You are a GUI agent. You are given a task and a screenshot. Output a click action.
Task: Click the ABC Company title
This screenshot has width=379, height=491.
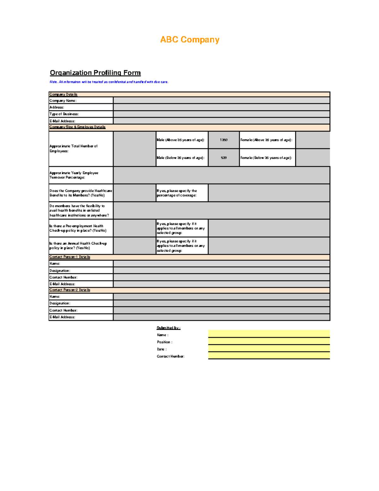click(x=189, y=40)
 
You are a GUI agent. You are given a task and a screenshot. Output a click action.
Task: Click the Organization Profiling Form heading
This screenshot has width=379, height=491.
click(x=95, y=73)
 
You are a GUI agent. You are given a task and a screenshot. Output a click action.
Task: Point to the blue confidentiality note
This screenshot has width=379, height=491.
click(x=109, y=82)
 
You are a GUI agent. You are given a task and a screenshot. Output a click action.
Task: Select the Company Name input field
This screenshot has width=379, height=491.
click(x=221, y=100)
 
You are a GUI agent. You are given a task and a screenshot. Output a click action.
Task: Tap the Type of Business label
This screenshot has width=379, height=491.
click(x=64, y=114)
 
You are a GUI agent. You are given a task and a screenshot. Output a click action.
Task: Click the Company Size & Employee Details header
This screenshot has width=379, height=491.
click(x=77, y=127)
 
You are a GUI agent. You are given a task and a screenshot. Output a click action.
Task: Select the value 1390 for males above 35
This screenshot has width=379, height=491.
click(x=224, y=140)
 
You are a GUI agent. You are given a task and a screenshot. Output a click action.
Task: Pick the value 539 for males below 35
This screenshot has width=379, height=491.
click(x=224, y=157)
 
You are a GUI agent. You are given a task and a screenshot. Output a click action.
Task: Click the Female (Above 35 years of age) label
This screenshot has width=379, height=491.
click(x=266, y=140)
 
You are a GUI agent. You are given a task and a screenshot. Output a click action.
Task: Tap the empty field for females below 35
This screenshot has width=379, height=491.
click(x=313, y=157)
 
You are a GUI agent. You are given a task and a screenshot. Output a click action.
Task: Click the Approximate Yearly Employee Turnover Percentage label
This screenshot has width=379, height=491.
click(x=74, y=175)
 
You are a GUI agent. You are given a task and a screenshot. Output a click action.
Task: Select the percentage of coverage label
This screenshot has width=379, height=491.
click(x=177, y=193)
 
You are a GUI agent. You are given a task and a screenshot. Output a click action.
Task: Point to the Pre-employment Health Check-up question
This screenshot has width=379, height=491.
click(x=78, y=228)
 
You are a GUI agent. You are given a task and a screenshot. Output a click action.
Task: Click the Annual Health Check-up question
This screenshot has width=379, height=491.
click(x=78, y=246)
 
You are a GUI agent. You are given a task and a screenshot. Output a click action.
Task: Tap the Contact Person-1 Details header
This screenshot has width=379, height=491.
click(x=70, y=257)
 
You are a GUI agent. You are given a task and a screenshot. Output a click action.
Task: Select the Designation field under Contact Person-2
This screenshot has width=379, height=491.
click(x=221, y=303)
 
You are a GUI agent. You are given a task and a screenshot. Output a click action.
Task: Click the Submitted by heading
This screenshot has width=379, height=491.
click(x=168, y=328)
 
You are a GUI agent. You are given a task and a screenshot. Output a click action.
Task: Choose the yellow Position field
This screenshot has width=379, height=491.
click(x=269, y=341)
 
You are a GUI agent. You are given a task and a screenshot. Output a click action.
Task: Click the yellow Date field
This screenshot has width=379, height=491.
click(x=269, y=348)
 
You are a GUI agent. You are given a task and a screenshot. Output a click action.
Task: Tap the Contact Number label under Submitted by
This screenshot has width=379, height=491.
click(x=171, y=356)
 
